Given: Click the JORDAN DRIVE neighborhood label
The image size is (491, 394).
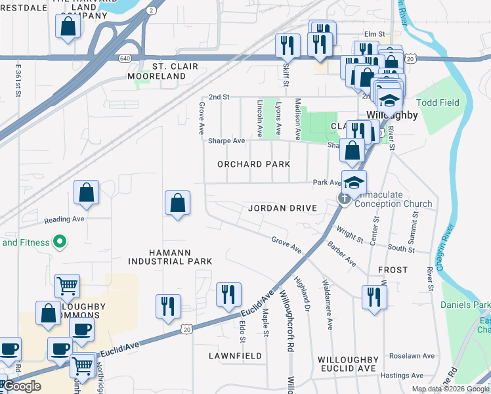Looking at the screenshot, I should [x=282, y=208].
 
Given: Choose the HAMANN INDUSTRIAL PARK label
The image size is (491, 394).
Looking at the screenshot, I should [x=170, y=256].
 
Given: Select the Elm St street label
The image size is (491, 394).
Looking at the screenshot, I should [x=374, y=35].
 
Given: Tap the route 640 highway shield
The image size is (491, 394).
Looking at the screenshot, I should [x=124, y=58].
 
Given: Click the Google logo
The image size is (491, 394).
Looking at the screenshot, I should [x=22, y=386].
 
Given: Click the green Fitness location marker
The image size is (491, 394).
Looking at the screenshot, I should [x=60, y=242].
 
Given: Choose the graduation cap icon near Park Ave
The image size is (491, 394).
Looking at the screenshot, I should [x=354, y=183].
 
